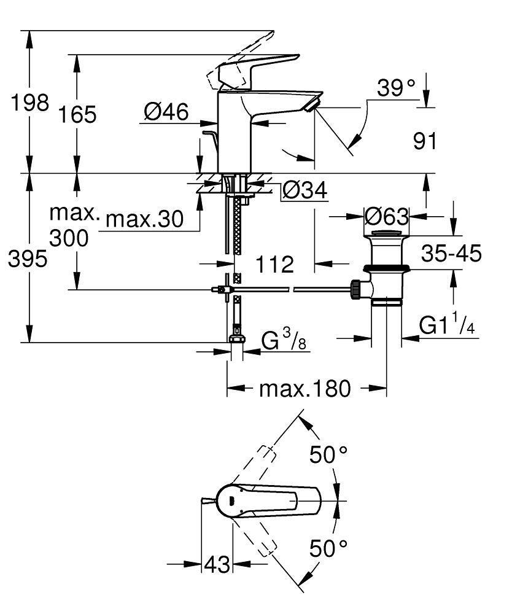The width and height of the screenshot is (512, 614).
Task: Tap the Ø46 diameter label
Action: click(x=166, y=112)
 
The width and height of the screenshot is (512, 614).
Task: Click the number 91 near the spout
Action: click(x=425, y=141)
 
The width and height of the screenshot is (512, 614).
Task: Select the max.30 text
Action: click(x=145, y=219)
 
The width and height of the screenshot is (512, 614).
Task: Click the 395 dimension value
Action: click(x=27, y=260)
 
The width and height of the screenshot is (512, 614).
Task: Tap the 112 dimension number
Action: click(x=274, y=265)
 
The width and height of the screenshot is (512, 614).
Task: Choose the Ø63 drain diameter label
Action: click(x=386, y=216)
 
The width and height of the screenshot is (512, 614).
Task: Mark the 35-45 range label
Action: click(x=451, y=252)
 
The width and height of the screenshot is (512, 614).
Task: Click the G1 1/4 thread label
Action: click(x=447, y=325)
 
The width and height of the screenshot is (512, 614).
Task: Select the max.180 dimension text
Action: click(x=304, y=389)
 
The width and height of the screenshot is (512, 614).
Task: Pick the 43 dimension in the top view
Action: click(x=217, y=564)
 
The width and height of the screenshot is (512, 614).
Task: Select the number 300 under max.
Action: click(x=68, y=238)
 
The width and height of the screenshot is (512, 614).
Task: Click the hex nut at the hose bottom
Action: click(x=236, y=338)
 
